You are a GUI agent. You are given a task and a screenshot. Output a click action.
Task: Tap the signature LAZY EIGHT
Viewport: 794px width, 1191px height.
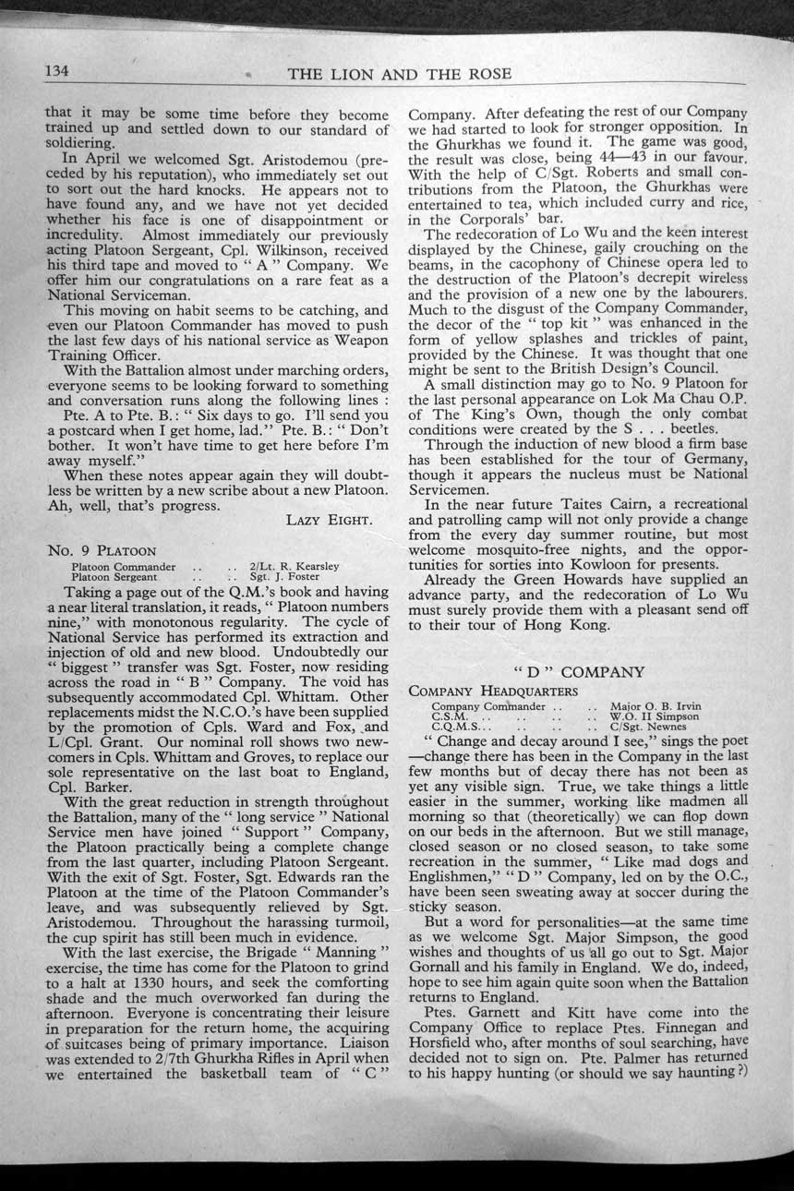point(329,521)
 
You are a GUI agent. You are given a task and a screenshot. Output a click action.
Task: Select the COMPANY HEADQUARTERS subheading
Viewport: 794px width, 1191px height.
point(494,691)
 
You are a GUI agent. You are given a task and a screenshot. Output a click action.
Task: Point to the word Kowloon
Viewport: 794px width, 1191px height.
point(634,563)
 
